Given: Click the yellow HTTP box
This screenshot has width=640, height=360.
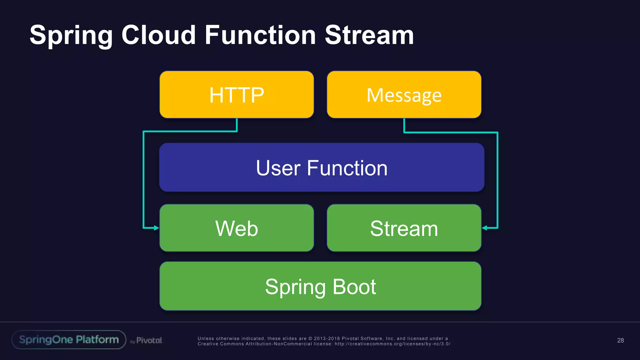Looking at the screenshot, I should pos(237,95).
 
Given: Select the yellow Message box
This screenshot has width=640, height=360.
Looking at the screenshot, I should pos(404,95).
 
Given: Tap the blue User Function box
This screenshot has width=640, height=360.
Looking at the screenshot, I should pos(322,167).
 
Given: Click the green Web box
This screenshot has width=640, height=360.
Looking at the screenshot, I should pos(237,228).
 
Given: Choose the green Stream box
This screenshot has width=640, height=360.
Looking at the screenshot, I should pos(404,228).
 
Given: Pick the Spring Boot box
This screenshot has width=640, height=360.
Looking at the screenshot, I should pos(320,286).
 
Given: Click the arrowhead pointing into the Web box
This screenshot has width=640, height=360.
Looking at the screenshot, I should pos(157,228).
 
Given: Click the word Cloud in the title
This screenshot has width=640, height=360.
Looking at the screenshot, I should pos(158,35).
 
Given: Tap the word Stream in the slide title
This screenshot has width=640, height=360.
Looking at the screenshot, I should pos(369,35).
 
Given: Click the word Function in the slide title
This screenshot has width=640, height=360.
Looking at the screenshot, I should pos(260,35).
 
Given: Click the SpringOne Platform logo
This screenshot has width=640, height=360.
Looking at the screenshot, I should pos(69,340).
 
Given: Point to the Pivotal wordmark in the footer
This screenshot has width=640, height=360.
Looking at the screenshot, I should pos(149,340).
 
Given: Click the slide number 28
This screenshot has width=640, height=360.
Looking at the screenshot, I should pos(620,340).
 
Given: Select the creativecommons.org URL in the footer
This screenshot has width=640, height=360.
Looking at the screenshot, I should pos(392,344).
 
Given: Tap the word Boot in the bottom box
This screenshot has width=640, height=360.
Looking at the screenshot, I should pos(354,287).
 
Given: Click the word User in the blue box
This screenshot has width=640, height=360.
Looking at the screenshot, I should pos(278,168).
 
